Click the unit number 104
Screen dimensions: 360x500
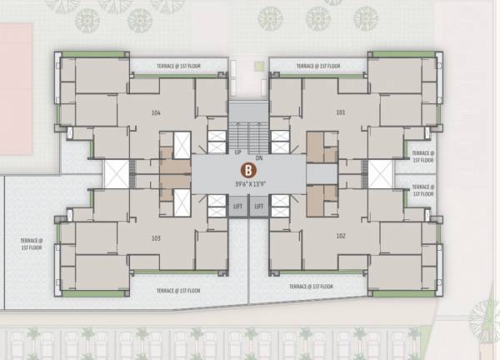156,112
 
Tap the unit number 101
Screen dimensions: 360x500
340,112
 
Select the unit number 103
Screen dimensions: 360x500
156,237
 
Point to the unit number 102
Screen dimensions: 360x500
340,237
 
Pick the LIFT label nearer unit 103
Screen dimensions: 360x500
237,205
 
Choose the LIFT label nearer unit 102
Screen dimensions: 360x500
259,205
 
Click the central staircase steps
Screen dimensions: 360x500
248,134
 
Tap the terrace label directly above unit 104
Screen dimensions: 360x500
177,65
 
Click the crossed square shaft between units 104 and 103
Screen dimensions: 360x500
116,175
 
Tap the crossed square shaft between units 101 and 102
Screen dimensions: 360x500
380,175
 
